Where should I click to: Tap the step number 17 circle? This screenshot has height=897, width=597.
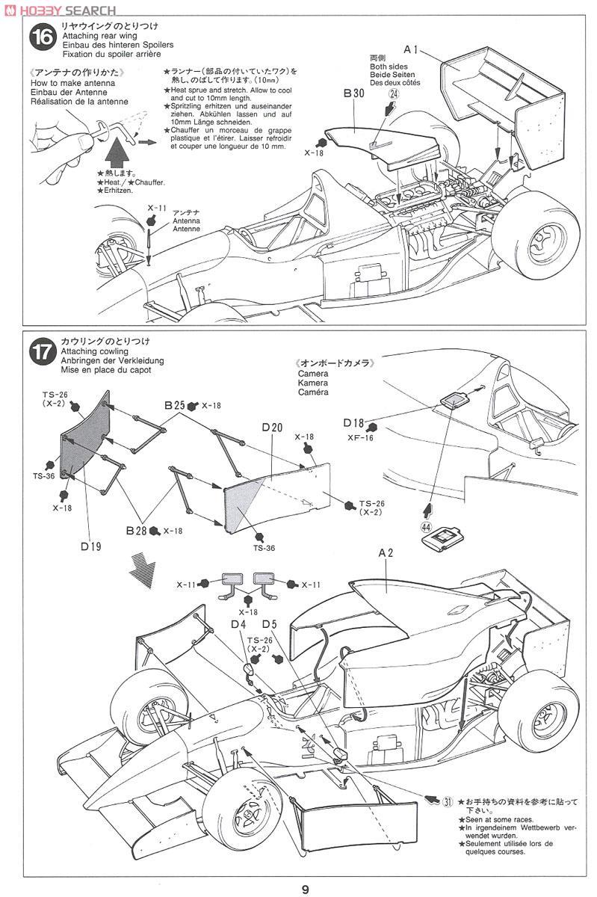[44, 352]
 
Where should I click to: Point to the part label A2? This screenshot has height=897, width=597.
[386, 553]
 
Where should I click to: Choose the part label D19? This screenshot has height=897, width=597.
[90, 546]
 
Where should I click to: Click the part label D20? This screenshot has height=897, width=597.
[272, 428]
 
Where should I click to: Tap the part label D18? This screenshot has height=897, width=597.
[354, 422]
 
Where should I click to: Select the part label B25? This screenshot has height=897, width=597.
[174, 405]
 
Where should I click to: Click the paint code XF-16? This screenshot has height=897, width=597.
[360, 440]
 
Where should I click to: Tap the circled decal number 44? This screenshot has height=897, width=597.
[427, 526]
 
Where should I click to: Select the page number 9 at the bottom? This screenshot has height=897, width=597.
[305, 889]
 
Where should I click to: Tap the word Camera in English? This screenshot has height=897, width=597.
[312, 373]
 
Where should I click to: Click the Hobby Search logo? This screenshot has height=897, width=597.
[60, 10]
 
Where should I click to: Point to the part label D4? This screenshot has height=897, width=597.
[238, 624]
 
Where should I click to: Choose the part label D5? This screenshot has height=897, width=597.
[270, 624]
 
